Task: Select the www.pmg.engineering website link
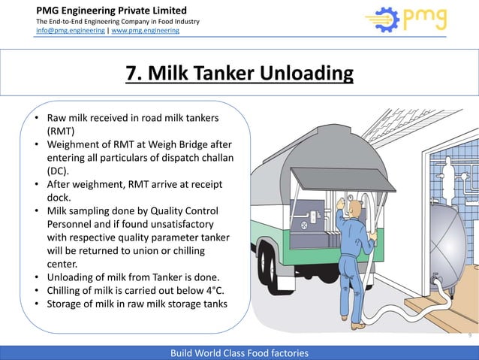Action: coord(146,32)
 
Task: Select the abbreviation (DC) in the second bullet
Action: coord(59,170)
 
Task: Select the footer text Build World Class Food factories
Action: coord(239,352)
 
